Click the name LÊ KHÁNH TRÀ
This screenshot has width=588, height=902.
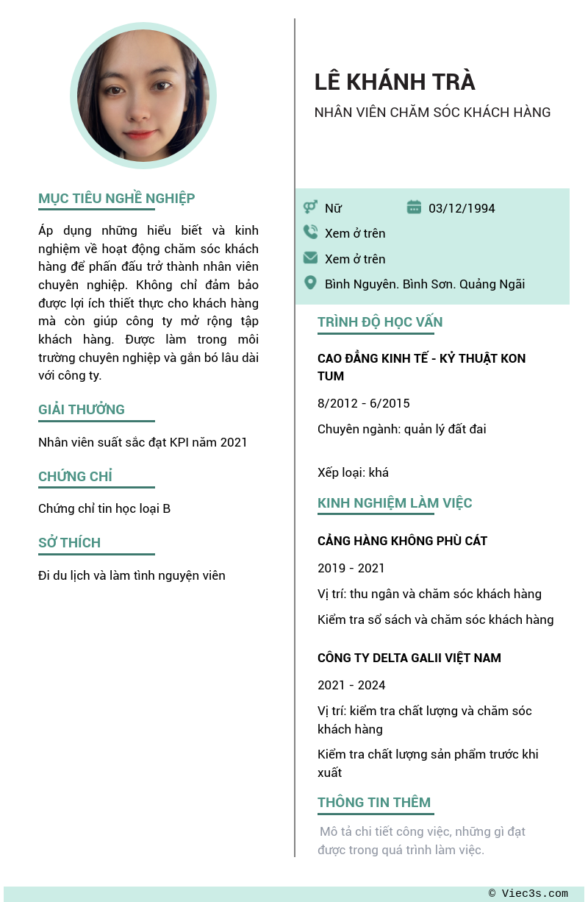[395, 82]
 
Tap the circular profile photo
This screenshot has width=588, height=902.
[143, 96]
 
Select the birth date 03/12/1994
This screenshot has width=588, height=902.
[462, 208]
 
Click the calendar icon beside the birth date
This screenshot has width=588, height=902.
[414, 207]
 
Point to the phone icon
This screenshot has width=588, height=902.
[310, 232]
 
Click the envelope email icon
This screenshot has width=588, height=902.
[310, 258]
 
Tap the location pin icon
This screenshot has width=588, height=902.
[310, 283]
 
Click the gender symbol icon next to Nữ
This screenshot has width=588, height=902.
[310, 207]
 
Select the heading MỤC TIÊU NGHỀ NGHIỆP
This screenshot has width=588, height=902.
[116, 199]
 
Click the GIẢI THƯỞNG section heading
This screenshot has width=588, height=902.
[82, 410]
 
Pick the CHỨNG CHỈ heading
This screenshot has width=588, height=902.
[75, 477]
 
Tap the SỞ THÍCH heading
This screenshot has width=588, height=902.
[69, 543]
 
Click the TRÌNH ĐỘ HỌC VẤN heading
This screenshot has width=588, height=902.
[380, 322]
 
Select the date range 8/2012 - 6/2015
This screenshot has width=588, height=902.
[364, 403]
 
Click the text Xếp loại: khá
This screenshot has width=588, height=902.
[353, 472]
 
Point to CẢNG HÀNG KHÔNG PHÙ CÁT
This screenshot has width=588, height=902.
[402, 541]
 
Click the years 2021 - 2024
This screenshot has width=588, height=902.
[351, 685]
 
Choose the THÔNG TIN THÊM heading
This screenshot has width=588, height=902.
[374, 803]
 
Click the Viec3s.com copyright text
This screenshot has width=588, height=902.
[528, 894]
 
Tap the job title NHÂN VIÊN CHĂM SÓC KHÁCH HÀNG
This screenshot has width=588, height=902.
[432, 113]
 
